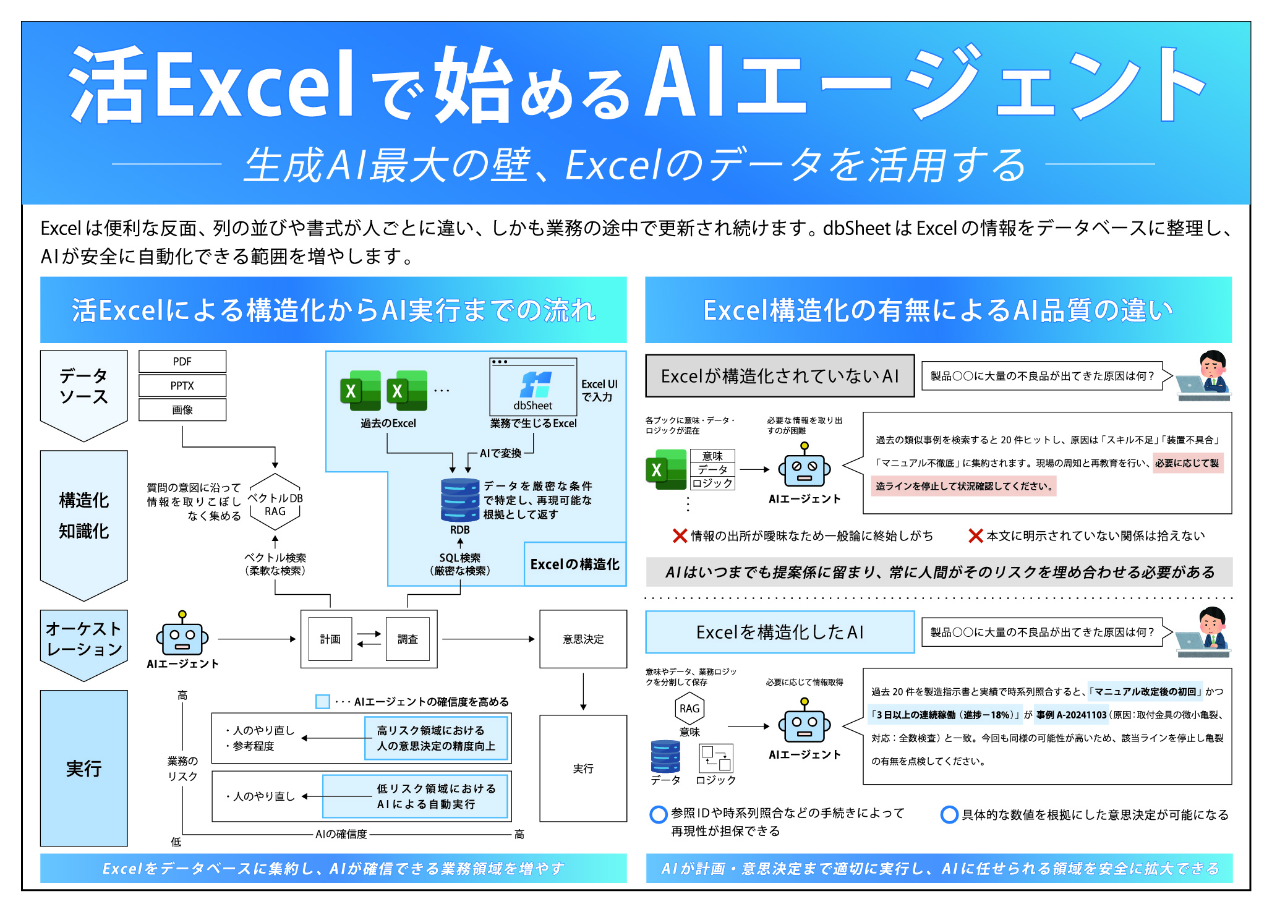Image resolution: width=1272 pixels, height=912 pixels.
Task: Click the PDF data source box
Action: click(x=182, y=362)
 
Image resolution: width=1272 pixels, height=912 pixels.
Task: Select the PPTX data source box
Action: click(x=182, y=386)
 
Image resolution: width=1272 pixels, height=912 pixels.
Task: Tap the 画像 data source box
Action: click(x=182, y=410)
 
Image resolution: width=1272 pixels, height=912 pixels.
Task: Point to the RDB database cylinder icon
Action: click(x=460, y=500)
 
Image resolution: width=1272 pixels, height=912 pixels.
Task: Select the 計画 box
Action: click(x=330, y=639)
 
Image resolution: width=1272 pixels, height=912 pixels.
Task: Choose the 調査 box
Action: click(x=408, y=639)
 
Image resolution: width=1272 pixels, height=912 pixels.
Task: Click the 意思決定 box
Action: click(x=583, y=639)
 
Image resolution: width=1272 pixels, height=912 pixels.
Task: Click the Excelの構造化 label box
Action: click(x=574, y=564)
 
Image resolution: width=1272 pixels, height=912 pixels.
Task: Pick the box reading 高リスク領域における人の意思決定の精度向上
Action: click(x=437, y=738)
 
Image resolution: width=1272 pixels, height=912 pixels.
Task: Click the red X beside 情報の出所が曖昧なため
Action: click(x=680, y=535)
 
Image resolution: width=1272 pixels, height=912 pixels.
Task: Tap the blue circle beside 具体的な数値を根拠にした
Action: click(x=949, y=815)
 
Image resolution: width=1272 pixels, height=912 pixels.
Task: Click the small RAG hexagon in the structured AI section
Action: click(x=689, y=709)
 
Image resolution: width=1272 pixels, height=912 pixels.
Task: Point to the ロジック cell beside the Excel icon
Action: click(x=712, y=484)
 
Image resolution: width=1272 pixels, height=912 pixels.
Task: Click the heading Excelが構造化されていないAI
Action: click(x=780, y=376)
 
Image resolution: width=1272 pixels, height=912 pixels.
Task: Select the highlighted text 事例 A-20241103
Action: click(x=1072, y=715)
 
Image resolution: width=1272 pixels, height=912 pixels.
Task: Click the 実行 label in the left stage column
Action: click(x=84, y=769)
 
